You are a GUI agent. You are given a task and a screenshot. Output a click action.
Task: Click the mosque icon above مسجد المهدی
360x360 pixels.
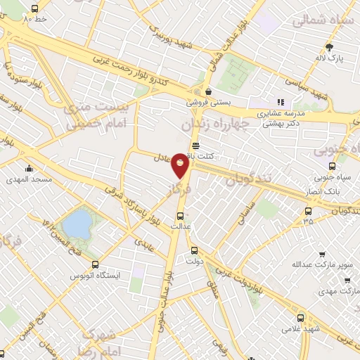tap(29, 169)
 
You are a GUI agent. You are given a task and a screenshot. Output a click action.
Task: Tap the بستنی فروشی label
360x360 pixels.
tap(209, 102)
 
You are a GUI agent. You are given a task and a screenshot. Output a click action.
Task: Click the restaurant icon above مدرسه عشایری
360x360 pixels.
tap(280, 101)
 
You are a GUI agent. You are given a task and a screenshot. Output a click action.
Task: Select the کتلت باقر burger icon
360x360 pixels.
tap(194, 144)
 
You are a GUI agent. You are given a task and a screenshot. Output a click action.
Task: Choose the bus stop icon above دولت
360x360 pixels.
tap(195, 250)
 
